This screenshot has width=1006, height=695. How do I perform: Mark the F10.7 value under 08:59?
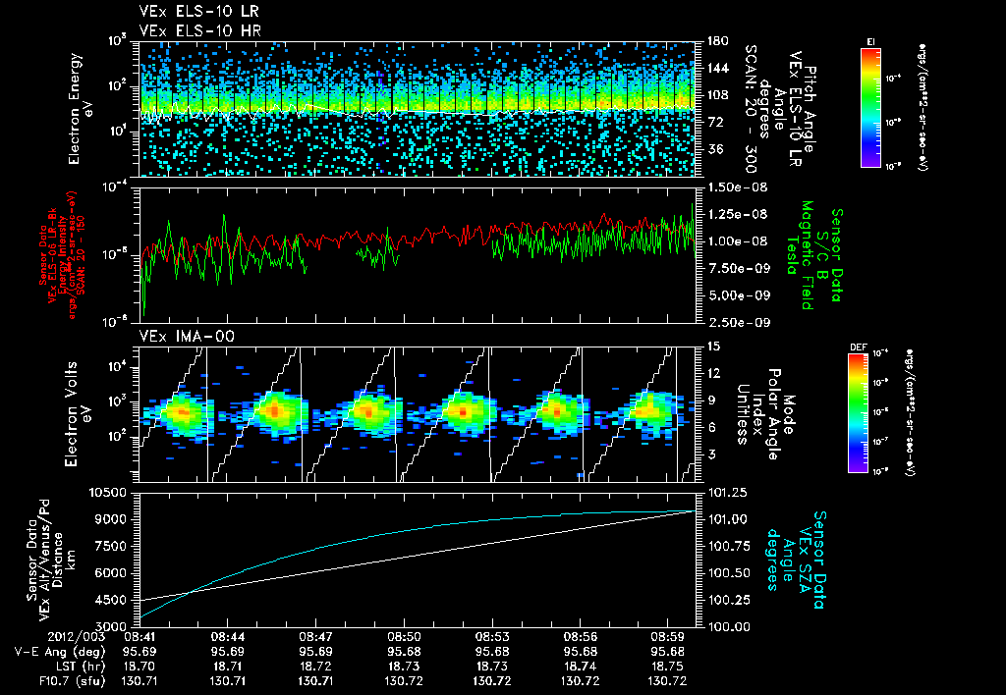click(x=668, y=680)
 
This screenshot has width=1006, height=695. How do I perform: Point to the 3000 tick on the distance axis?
click(x=115, y=625)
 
